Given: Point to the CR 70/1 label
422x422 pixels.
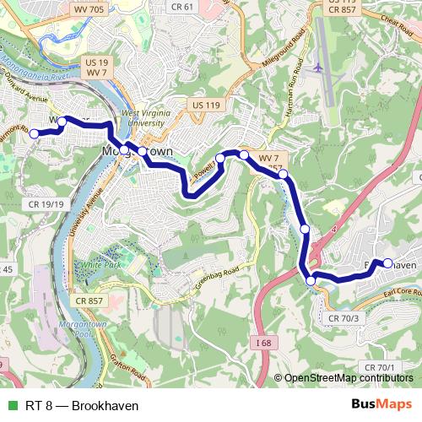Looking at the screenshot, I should [x=379, y=367].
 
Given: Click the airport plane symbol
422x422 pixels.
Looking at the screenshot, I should [x=317, y=67].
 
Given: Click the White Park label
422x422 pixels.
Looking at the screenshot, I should [x=102, y=264].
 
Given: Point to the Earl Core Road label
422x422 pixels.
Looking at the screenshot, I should [x=400, y=292].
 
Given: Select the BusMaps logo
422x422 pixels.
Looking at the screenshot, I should [x=381, y=405].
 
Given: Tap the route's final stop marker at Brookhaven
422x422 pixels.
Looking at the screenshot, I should [x=387, y=263].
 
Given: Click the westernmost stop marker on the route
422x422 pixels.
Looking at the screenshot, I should [x=35, y=133].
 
